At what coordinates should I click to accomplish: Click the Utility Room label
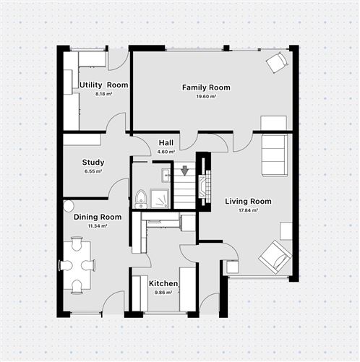pyautogui.click(x=103, y=85)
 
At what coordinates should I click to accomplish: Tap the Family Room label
pyautogui.click(x=206, y=87)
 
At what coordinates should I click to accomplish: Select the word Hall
pyautogui.click(x=166, y=143)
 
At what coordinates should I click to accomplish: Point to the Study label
pyautogui.click(x=93, y=163)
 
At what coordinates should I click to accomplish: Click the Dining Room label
pyautogui.click(x=98, y=217)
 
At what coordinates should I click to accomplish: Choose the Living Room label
pyautogui.click(x=248, y=202)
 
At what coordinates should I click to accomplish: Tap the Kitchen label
pyautogui.click(x=163, y=284)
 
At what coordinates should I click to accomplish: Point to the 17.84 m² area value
pyautogui.click(x=248, y=211)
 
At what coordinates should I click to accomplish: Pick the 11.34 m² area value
pyautogui.click(x=98, y=225)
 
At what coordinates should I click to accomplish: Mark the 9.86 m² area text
pyautogui.click(x=163, y=293)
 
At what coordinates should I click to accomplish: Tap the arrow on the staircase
pyautogui.click(x=185, y=171)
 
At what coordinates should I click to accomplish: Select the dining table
pyautogui.click(x=77, y=265)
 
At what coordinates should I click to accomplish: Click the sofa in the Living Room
pyautogui.click(x=275, y=154)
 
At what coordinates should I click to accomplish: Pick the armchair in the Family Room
pyautogui.click(x=276, y=64)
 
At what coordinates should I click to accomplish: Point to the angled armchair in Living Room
pyautogui.click(x=275, y=254)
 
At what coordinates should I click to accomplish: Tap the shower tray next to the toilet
pyautogui.click(x=159, y=197)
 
